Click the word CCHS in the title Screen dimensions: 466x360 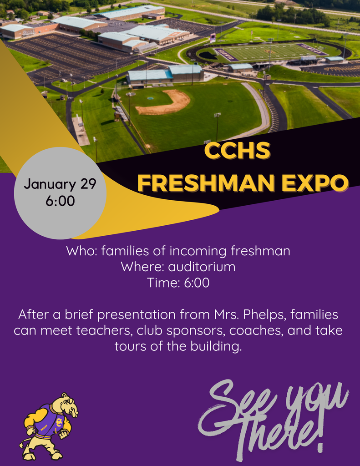(237, 151)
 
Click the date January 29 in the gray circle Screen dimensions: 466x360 (60, 184)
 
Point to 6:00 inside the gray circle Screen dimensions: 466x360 (60, 201)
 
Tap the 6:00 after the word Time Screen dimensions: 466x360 (197, 283)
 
